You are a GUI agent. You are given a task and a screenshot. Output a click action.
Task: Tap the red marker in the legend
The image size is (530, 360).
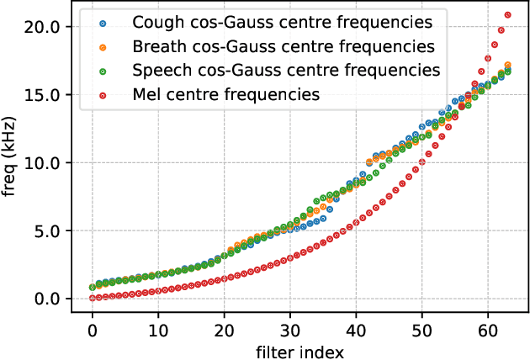pos(103,94)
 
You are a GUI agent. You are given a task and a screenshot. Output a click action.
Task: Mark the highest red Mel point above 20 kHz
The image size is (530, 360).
pos(507,14)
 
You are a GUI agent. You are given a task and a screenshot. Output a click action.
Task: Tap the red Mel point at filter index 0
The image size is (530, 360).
pos(93,298)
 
